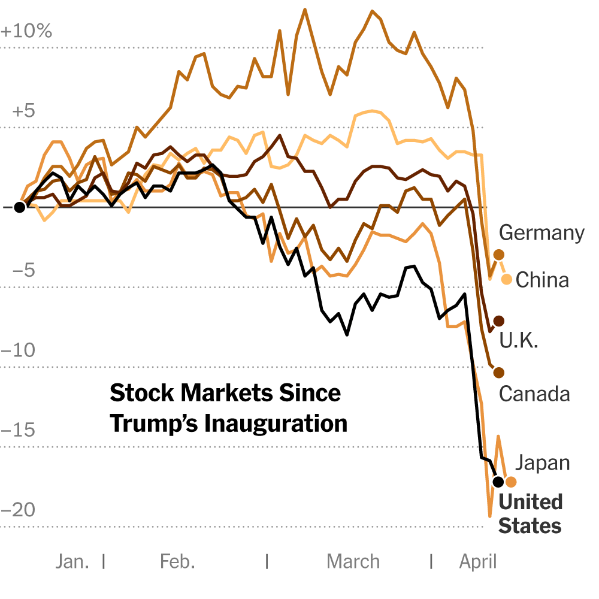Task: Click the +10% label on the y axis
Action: [26, 31]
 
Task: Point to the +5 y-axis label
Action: [24, 111]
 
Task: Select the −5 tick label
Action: [24, 270]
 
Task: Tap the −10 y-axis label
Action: [19, 350]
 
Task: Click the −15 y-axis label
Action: [19, 430]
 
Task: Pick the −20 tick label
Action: [19, 510]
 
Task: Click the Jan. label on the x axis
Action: [72, 562]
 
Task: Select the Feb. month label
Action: [178, 562]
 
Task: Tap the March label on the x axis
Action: [353, 562]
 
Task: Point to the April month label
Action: [478, 562]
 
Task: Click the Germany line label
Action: [541, 233]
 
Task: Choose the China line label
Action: [542, 280]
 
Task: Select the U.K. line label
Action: [519, 340]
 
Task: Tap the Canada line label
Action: [534, 394]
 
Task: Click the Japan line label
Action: [543, 463]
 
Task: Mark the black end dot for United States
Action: [498, 482]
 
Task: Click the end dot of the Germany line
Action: [498, 255]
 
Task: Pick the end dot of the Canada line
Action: [498, 373]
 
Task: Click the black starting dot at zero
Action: [20, 207]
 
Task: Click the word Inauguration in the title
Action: [276, 424]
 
